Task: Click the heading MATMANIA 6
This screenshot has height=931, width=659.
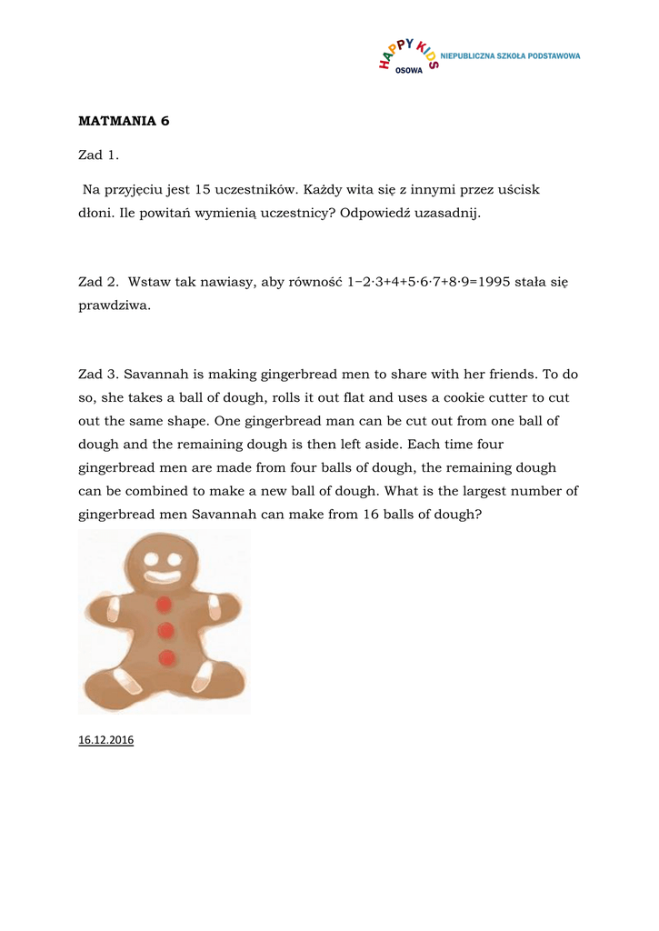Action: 124,121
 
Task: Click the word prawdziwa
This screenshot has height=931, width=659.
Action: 115,306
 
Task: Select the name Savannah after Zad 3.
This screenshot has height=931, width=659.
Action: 154,374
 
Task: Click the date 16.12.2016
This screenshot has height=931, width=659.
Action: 106,740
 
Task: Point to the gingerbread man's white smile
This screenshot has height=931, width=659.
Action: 163,576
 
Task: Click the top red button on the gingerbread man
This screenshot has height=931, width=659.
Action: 165,605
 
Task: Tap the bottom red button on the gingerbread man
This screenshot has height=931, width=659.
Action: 166,657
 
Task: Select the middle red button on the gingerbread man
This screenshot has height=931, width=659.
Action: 165,630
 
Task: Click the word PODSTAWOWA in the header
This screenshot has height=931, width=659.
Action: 554,56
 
